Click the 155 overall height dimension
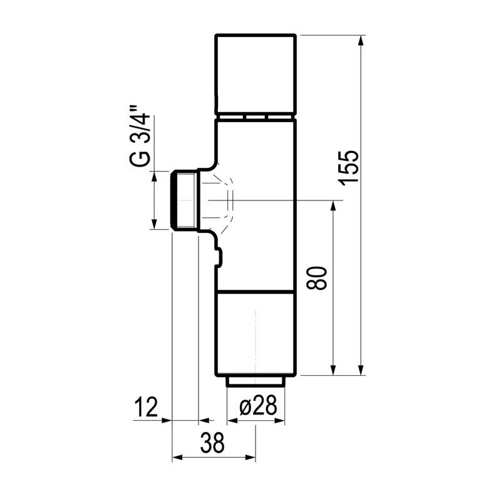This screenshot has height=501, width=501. point(349,167)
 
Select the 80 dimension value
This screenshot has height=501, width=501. point(317,278)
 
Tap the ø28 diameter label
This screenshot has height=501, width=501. point(258,406)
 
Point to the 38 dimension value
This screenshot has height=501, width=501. point(212,443)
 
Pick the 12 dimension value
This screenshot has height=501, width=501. point(146,407)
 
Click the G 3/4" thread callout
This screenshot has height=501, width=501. point(140,135)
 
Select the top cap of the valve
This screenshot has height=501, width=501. point(256,74)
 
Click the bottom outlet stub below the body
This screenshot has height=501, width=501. point(256,381)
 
